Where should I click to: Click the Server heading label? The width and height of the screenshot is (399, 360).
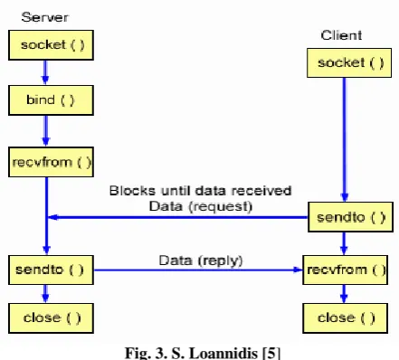point(44,17)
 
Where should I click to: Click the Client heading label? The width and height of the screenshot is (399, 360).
point(341,35)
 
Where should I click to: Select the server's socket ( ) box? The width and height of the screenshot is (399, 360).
point(51,45)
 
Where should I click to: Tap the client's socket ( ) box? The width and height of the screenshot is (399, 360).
point(349,62)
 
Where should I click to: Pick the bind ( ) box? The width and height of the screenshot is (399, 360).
point(51,100)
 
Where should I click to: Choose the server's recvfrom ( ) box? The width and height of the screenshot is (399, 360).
point(51,162)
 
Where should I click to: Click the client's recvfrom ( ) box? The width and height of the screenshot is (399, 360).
point(346,270)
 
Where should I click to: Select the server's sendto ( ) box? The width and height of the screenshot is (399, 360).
point(51,270)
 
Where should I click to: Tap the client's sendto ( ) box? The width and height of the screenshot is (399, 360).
point(350,217)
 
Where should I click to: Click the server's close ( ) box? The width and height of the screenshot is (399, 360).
point(51,318)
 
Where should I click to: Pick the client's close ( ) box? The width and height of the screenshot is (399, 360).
point(346,318)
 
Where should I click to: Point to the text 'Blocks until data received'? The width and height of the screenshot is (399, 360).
point(200,191)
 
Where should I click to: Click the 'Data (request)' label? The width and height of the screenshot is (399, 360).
point(201,206)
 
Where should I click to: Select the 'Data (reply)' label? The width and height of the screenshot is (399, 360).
point(201,261)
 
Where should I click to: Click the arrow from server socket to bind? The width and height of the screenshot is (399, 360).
point(45,72)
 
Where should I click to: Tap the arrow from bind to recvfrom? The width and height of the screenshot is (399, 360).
point(46,131)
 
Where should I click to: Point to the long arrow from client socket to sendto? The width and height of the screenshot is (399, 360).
point(345,140)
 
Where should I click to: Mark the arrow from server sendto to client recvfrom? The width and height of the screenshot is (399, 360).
point(198,270)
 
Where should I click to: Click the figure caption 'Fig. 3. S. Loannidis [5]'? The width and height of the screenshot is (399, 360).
point(203,353)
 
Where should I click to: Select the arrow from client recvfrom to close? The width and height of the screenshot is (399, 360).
point(344,294)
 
